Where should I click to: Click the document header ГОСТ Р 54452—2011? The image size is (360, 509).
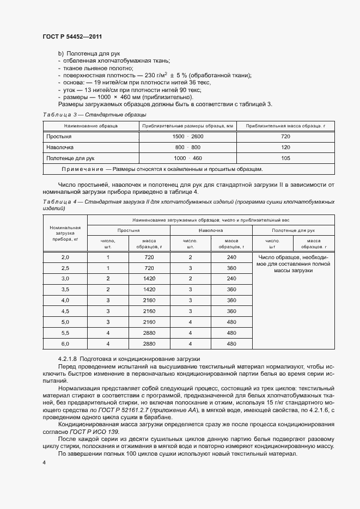point(72,36)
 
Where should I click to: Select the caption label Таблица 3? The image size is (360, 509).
point(57,115)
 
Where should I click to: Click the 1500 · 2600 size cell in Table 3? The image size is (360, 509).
point(188,136)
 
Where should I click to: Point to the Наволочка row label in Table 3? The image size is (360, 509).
point(60,147)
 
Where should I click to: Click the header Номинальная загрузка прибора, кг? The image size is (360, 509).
point(65,233)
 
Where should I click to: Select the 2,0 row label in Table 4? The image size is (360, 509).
point(65,257)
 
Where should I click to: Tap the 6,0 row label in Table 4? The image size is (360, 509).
point(65,344)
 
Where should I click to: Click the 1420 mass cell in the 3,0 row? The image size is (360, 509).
point(149,279)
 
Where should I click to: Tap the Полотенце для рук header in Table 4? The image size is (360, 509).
point(293,231)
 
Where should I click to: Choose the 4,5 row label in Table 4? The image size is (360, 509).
point(65,311)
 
